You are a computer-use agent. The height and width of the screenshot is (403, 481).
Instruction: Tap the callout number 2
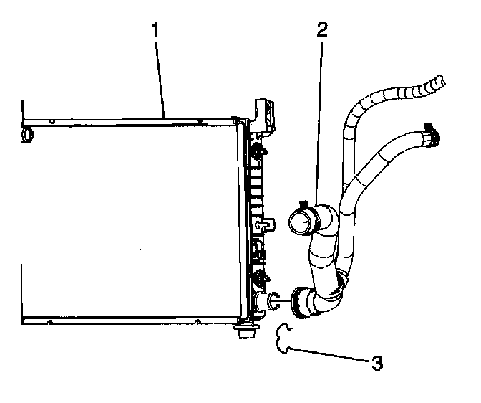click(321, 29)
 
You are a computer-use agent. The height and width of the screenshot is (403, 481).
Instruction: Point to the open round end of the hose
click(300, 223)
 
